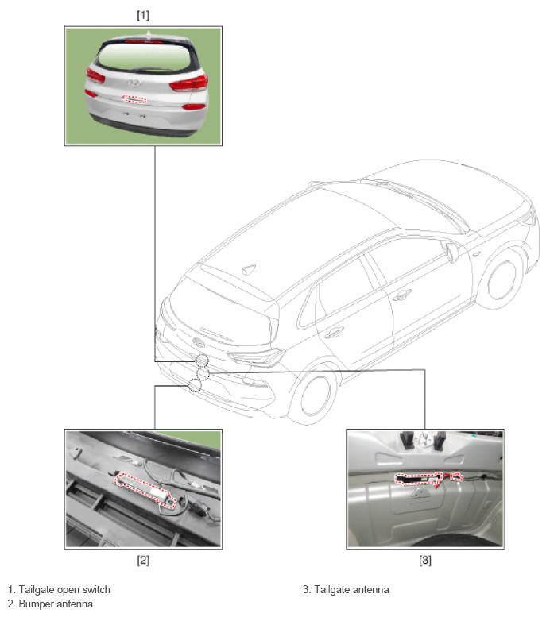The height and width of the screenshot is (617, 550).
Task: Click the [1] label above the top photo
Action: pyautogui.click(x=142, y=16)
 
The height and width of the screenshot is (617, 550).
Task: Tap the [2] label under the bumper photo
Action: pyautogui.click(x=142, y=560)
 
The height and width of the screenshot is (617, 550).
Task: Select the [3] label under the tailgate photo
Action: pyautogui.click(x=424, y=560)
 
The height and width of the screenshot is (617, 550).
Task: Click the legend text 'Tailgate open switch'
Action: pyautogui.click(x=64, y=589)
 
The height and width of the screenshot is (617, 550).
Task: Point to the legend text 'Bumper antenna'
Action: pyautogui.click(x=56, y=604)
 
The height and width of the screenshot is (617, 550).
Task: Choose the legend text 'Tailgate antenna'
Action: pyautogui.click(x=351, y=589)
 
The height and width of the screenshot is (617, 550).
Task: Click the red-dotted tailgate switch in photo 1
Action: pyautogui.click(x=134, y=99)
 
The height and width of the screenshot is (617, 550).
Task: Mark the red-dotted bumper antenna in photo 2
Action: pyautogui.click(x=145, y=491)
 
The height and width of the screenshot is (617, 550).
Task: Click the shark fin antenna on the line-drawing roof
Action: pyautogui.click(x=248, y=269)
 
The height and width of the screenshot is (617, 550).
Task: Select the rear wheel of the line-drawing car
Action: pyautogui.click(x=316, y=395)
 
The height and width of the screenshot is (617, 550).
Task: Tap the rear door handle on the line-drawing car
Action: pyautogui.click(x=334, y=333)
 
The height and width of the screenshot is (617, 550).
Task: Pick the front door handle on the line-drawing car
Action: pyautogui.click(x=402, y=295)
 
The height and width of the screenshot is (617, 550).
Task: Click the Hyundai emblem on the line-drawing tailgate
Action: pyautogui.click(x=198, y=342)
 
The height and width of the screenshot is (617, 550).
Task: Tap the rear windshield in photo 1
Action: pyautogui.click(x=145, y=57)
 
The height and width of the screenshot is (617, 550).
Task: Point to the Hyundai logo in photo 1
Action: pyautogui.click(x=134, y=83)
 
